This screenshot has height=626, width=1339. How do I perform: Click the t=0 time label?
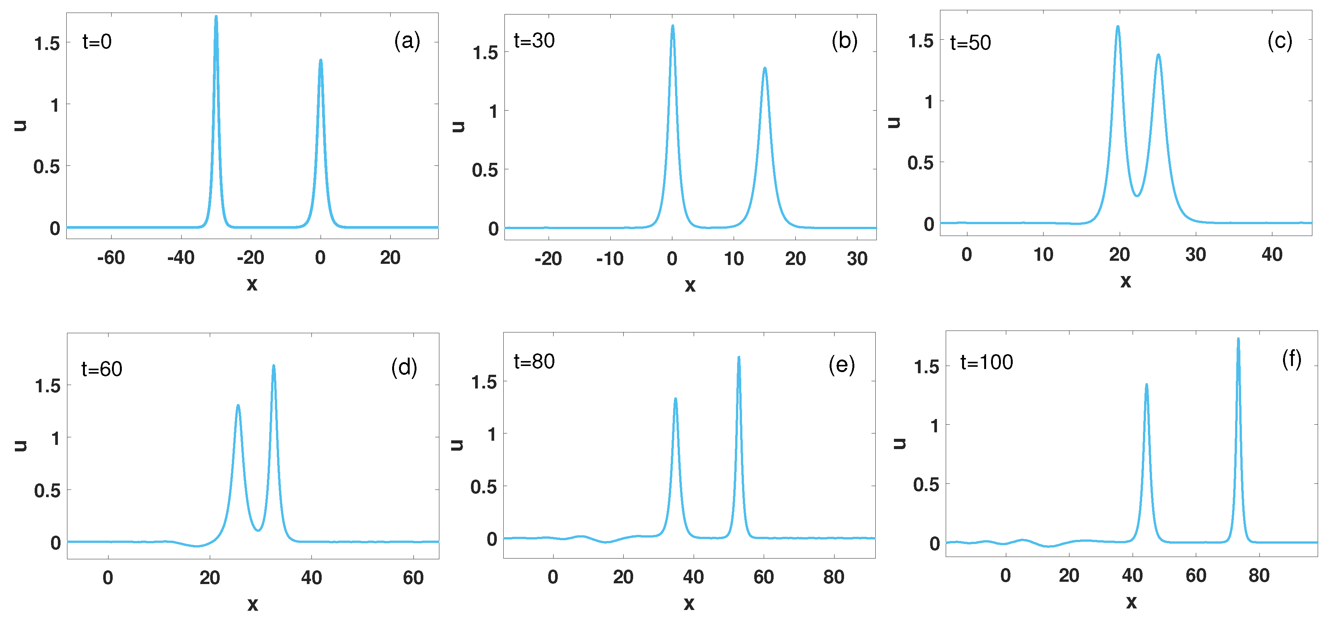[97, 42]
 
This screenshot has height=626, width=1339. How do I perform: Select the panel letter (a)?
[407, 40]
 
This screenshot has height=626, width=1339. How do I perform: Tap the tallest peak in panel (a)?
[216, 17]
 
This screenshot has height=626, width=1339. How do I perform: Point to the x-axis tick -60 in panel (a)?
[111, 258]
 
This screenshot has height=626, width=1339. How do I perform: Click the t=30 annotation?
[534, 40]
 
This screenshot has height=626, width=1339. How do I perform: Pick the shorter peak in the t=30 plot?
[764, 69]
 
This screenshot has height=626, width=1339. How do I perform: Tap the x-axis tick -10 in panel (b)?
[609, 258]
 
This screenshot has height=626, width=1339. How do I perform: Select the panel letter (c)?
[1280, 40]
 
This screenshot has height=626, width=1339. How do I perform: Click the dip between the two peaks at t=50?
[1137, 196]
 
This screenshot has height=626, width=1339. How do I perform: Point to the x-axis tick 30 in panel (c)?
[1195, 254]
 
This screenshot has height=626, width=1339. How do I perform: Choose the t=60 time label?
[102, 369]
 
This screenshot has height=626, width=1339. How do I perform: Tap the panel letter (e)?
[841, 365]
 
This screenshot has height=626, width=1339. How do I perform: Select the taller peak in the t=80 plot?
[739, 358]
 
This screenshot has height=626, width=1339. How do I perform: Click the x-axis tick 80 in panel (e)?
[834, 576]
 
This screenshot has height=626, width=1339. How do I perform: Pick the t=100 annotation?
[986, 362]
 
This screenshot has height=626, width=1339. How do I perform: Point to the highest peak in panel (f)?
[1238, 339]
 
